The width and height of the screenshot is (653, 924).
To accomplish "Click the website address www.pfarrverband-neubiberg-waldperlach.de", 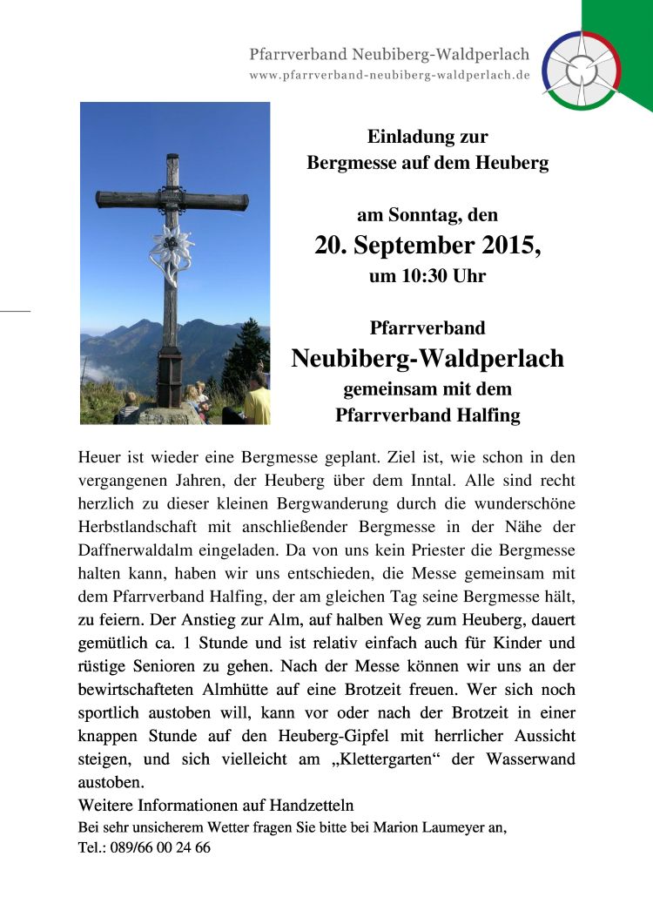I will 389,75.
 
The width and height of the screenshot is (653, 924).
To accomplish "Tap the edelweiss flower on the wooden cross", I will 171,247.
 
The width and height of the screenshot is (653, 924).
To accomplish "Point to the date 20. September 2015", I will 427,246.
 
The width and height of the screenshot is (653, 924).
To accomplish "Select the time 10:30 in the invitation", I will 419,277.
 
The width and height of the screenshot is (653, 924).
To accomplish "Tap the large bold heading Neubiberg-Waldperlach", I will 427,358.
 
